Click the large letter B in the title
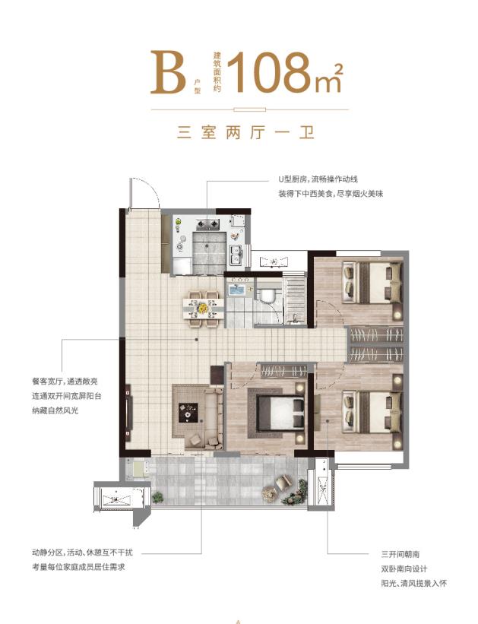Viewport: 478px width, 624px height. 167,71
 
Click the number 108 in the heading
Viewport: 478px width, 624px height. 271,71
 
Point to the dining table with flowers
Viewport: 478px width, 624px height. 203,307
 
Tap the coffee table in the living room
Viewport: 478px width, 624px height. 188,411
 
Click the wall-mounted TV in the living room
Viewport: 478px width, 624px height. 128,411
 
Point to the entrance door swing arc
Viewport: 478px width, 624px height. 146,192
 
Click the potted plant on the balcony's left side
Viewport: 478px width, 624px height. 157,496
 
